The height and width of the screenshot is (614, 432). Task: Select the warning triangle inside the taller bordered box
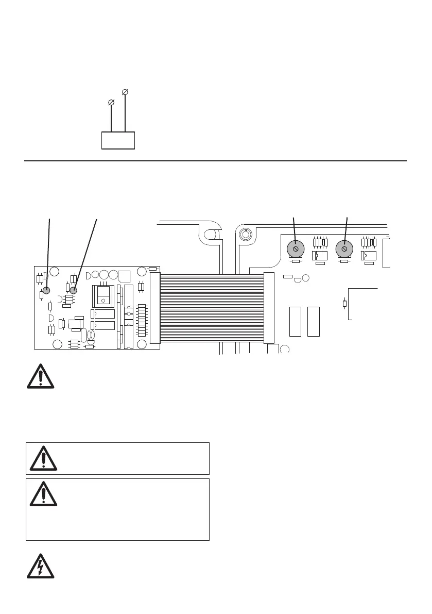43,494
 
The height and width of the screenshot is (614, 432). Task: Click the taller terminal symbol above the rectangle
125,92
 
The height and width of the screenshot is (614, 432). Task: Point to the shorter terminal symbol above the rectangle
111,103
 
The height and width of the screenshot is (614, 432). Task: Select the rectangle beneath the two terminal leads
118,140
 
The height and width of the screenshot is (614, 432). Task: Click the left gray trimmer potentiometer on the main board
295,249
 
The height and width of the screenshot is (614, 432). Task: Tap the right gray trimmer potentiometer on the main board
343,249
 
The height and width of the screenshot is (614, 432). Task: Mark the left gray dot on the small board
46,290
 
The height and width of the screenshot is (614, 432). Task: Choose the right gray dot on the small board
74,290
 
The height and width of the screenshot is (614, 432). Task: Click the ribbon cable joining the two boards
212,308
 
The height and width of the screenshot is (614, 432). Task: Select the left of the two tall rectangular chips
295,321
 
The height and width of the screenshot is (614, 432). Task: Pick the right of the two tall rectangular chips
313,321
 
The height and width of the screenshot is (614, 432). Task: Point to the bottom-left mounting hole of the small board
58,344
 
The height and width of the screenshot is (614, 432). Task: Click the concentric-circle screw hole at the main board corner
246,235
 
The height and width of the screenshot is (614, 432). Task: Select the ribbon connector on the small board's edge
155,308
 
